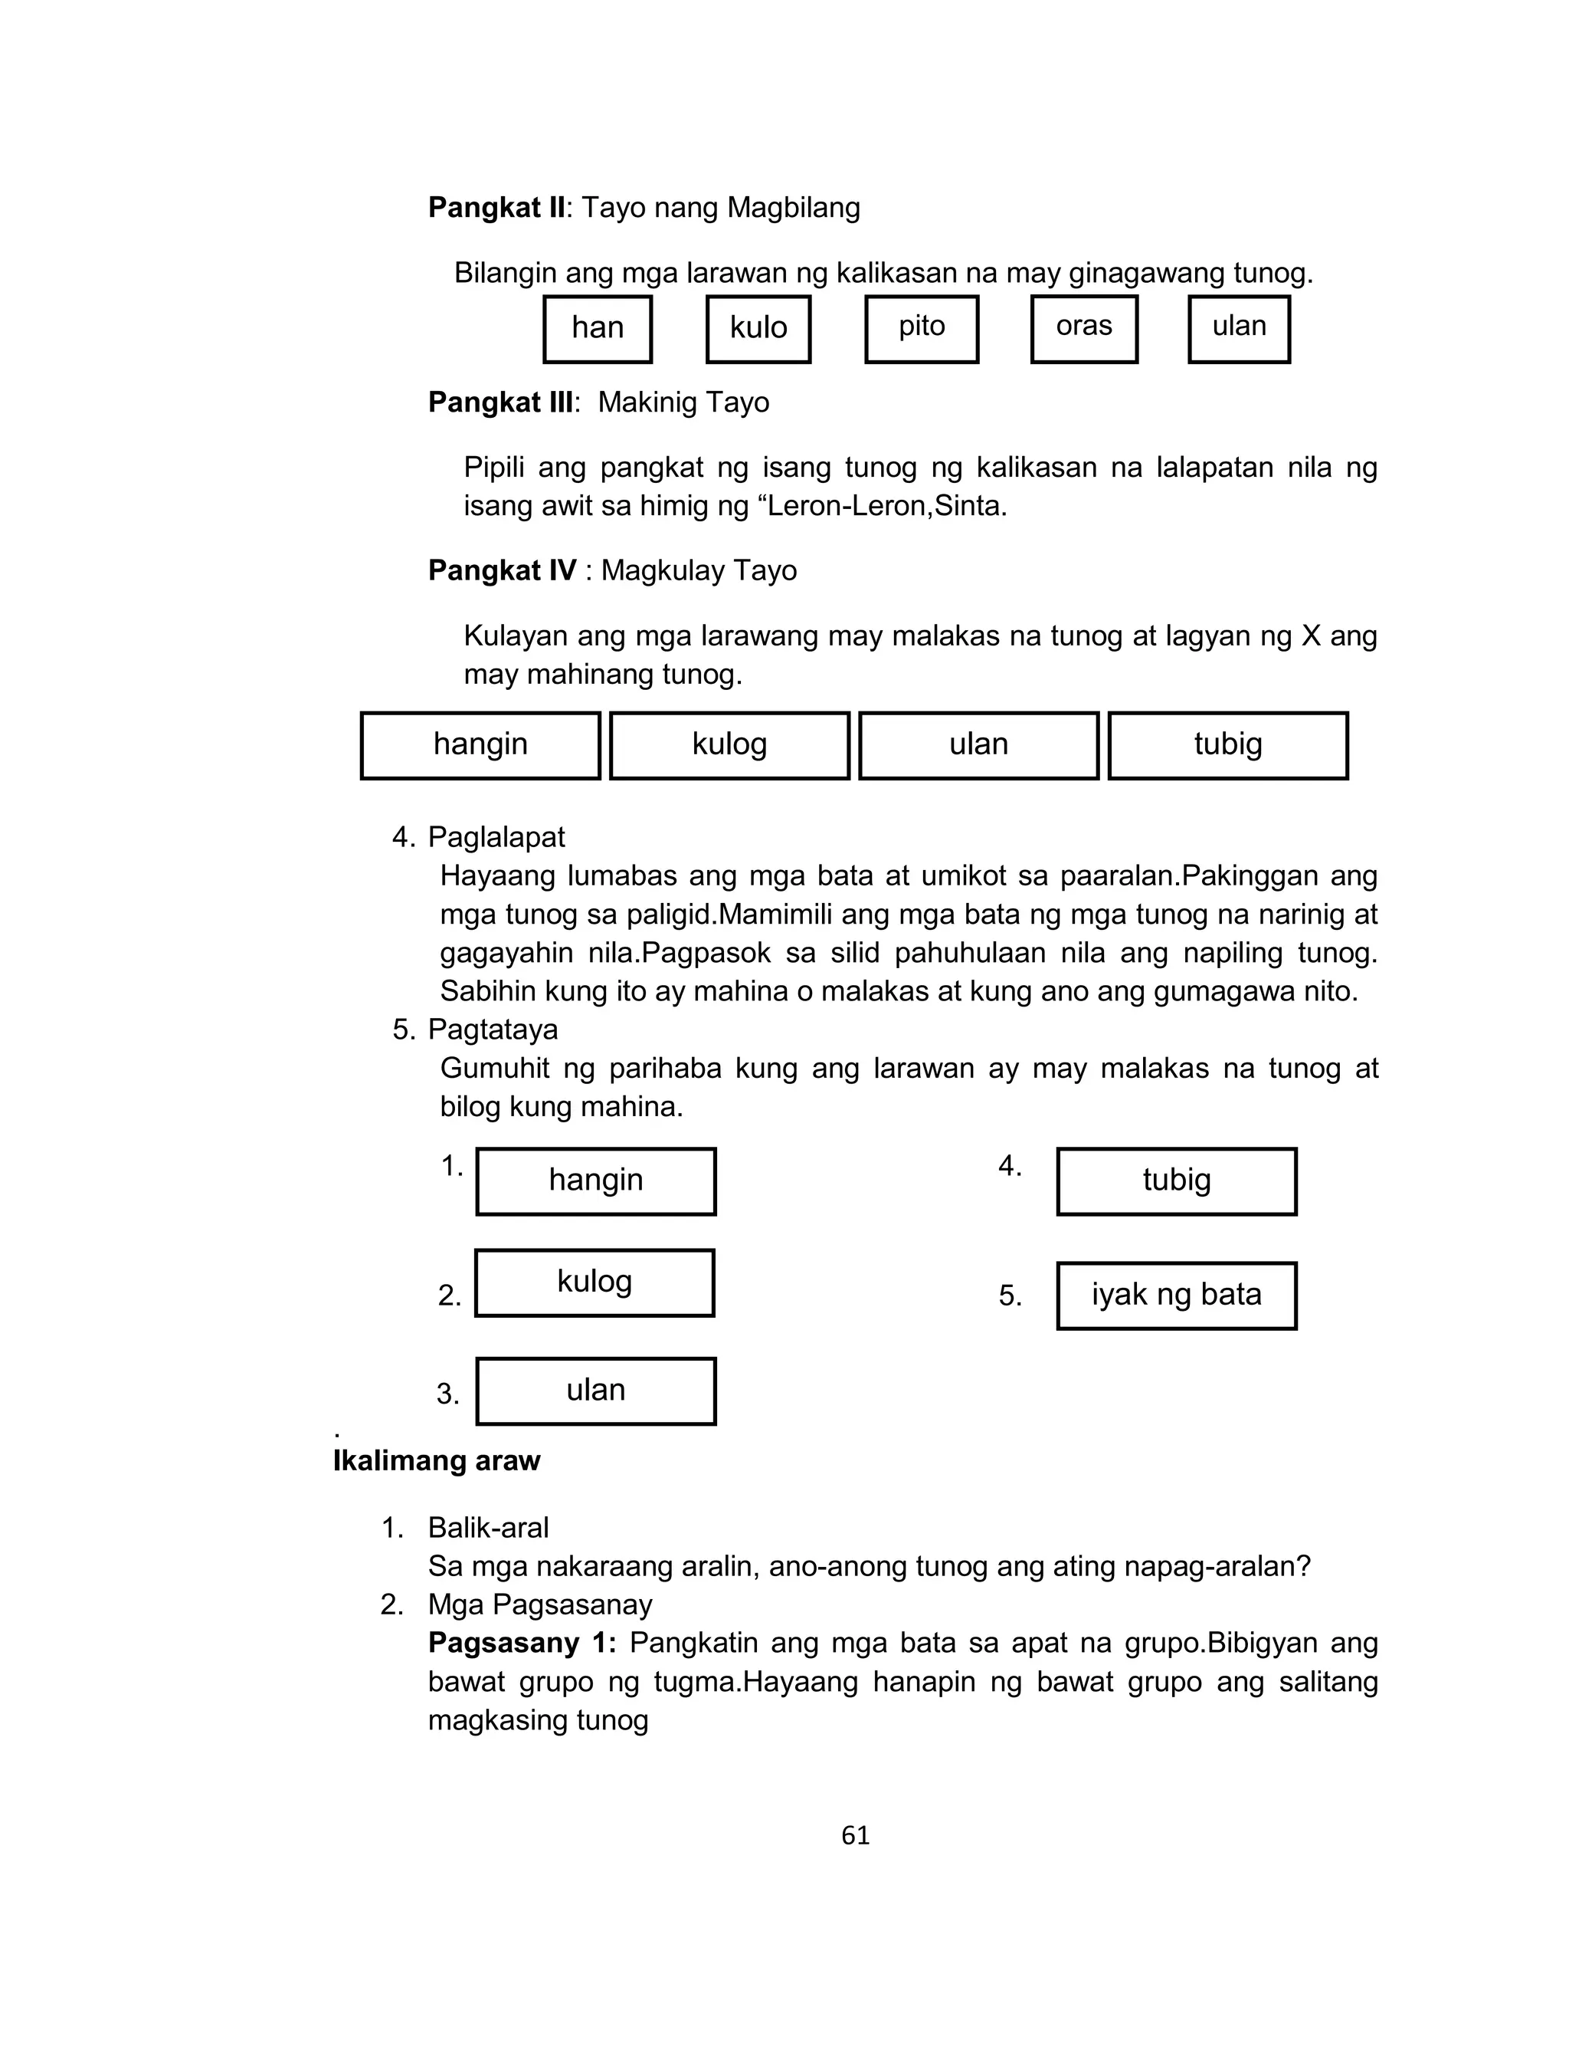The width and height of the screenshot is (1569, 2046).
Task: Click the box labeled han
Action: pos(598,329)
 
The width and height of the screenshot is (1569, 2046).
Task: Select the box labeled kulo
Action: pos(758,329)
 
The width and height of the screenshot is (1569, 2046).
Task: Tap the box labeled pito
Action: pos(922,329)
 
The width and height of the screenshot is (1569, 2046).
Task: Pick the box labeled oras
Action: pos(1084,329)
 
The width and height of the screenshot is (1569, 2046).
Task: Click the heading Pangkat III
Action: pos(500,402)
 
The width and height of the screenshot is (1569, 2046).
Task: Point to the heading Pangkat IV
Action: pos(503,571)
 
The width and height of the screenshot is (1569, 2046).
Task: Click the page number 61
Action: pos(856,1836)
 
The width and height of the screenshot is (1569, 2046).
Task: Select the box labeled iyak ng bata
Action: pos(1177,1296)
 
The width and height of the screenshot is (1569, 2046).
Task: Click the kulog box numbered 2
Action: pos(595,1282)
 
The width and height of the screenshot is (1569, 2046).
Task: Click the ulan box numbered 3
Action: pos(596,1391)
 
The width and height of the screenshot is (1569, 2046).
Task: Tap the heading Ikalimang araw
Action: pos(436,1461)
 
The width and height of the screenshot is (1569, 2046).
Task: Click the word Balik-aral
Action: pos(487,1528)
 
